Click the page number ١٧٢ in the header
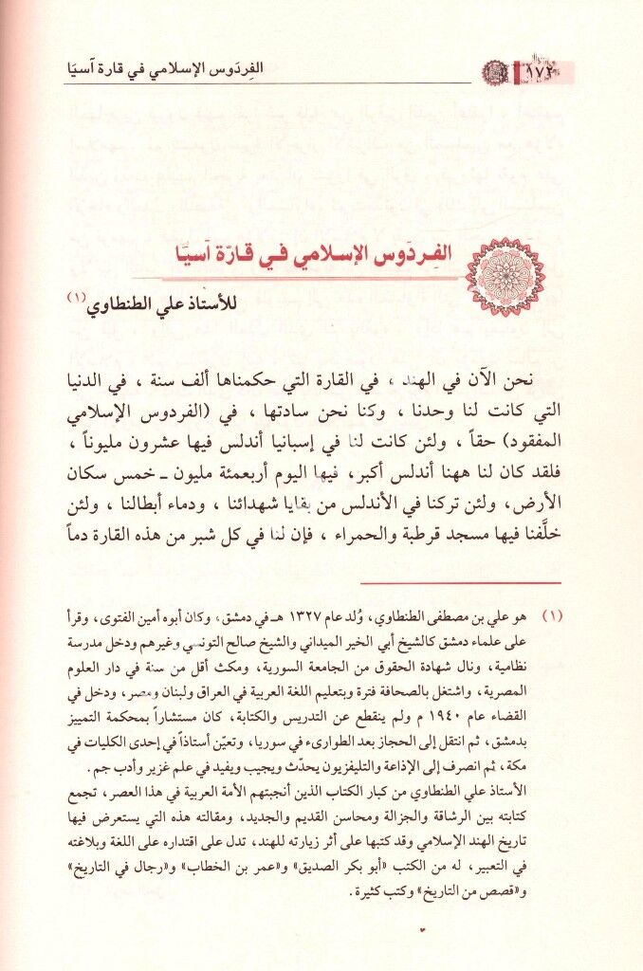(541, 71)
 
